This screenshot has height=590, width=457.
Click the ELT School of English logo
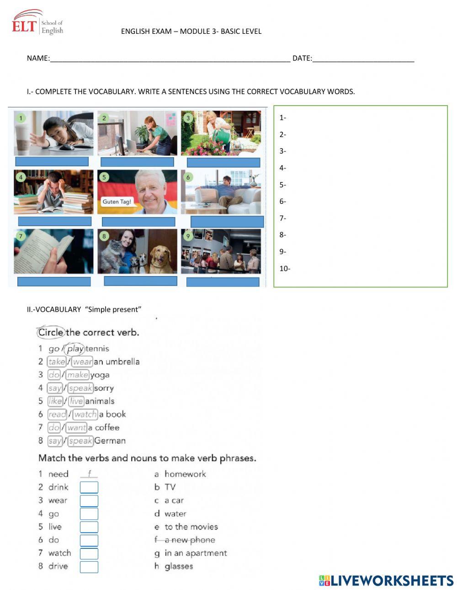(x=37, y=23)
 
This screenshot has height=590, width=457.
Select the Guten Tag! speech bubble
(x=117, y=202)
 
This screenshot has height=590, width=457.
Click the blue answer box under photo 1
(x=52, y=161)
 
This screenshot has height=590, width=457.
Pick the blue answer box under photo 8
(x=140, y=281)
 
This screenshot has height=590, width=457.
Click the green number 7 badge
(x=20, y=236)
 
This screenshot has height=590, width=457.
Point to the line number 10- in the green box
(x=285, y=269)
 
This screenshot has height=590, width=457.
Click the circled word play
(x=74, y=349)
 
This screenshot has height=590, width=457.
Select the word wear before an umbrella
(x=82, y=362)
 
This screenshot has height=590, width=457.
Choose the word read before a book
(x=57, y=415)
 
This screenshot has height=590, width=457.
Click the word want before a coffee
(x=76, y=428)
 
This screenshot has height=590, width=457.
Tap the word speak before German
(x=80, y=441)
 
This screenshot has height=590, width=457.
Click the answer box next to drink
(x=89, y=488)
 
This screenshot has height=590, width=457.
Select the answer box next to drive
(x=89, y=567)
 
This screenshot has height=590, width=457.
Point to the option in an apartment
(x=195, y=553)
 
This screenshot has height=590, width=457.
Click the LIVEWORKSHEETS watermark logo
(x=386, y=580)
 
